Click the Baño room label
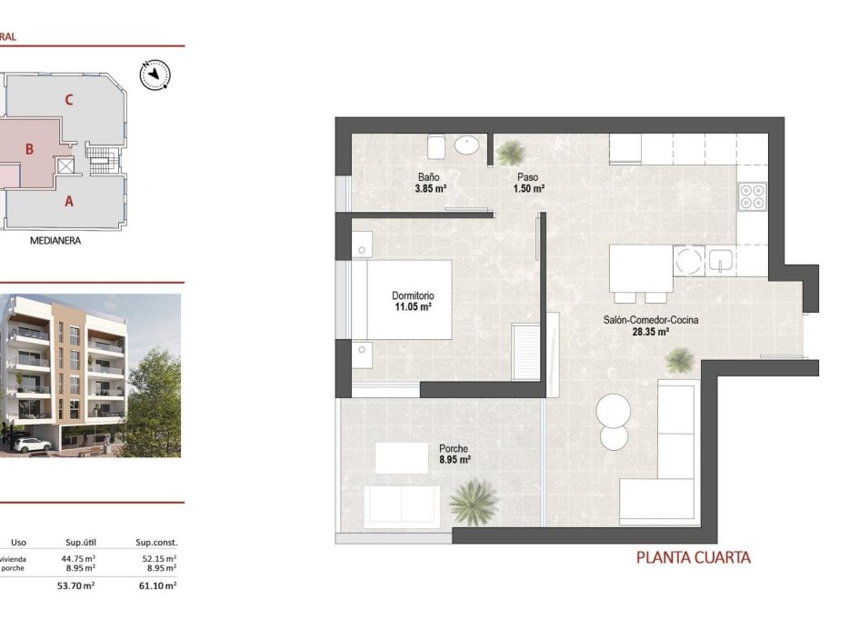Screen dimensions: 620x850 coord(430,176)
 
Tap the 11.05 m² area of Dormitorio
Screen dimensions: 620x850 coord(412,307)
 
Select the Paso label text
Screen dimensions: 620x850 coord(526,176)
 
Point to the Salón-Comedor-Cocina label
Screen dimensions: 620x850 coord(651,320)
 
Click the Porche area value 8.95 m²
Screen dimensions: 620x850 coord(454,460)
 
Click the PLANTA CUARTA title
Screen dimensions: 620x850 coord(694,557)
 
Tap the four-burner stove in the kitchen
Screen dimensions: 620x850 coord(752,196)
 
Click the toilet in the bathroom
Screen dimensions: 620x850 coord(435,145)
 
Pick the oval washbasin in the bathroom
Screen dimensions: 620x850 coord(469,144)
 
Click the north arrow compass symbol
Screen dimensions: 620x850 coord(156,75)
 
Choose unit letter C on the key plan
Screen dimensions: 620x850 coord(69,100)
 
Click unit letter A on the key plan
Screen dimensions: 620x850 coord(68,202)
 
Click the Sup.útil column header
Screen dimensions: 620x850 coord(81,543)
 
